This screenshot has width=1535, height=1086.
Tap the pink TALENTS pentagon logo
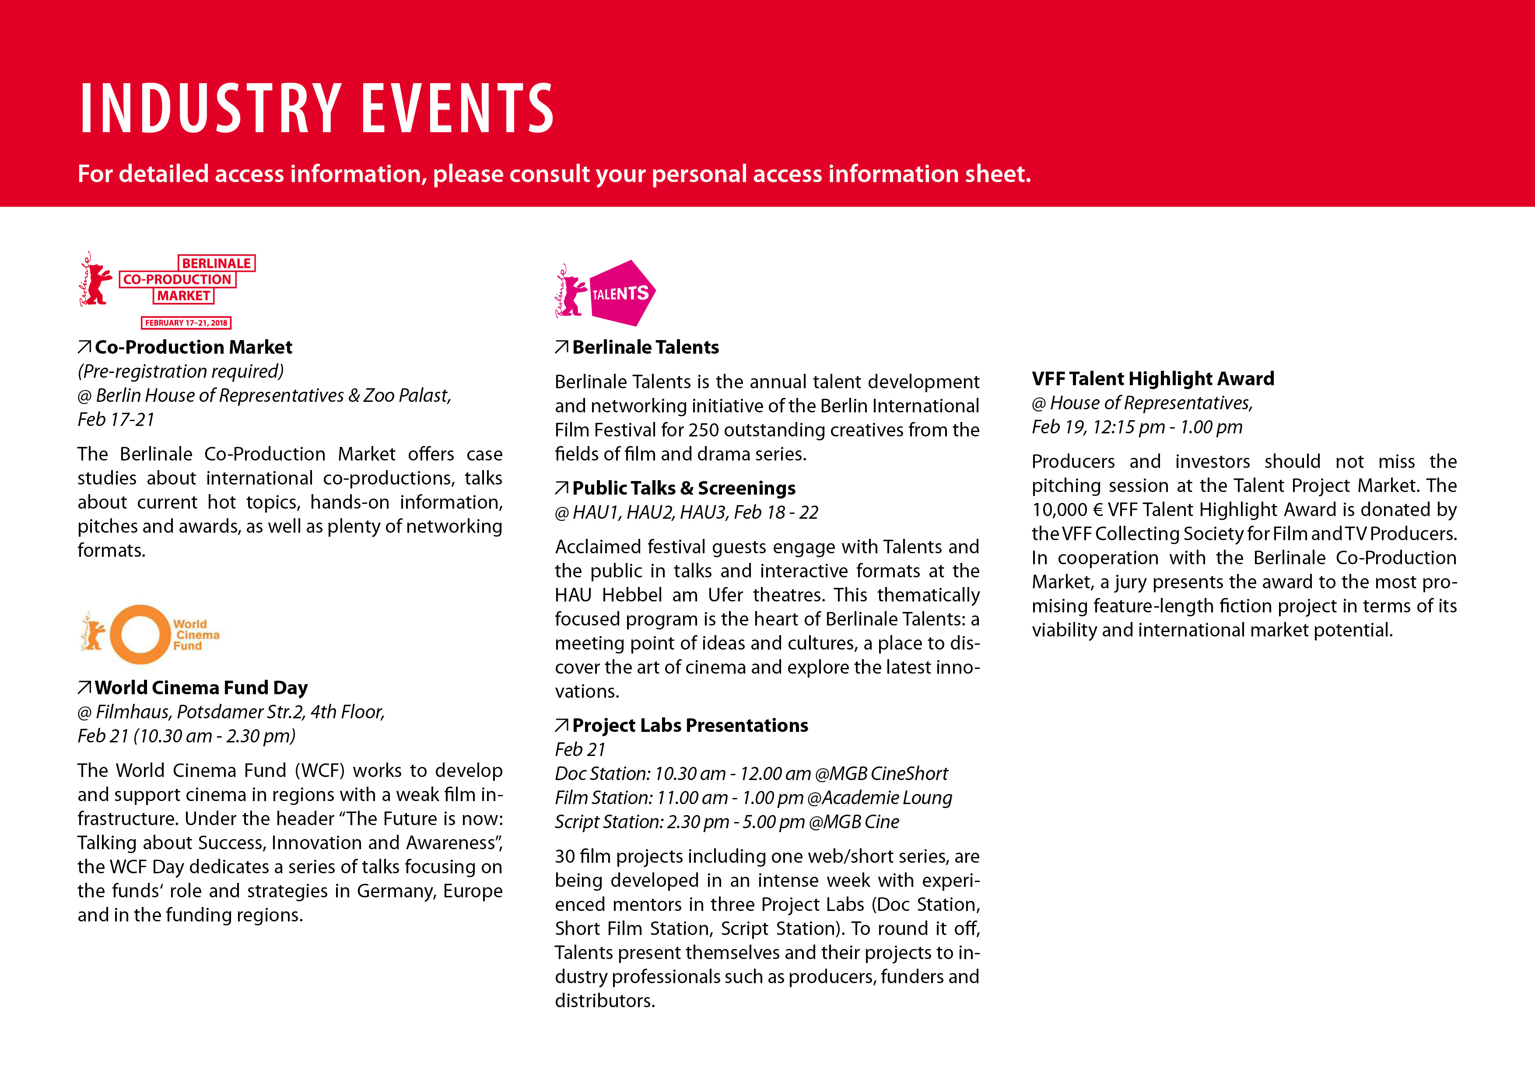pos(620,294)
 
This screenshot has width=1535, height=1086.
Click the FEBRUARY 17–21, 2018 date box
pos(186,323)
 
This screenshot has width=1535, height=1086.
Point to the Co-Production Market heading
pos(193,347)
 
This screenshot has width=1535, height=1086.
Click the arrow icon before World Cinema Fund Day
pos(84,687)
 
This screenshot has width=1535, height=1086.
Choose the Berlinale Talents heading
pos(645,347)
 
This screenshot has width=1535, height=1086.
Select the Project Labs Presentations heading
pos(690,726)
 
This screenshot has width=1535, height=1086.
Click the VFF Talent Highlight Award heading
pos(1153,379)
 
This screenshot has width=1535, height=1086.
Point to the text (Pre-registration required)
pos(181,371)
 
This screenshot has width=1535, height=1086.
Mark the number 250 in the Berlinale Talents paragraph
pos(703,430)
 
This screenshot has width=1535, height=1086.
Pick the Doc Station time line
pos(751,774)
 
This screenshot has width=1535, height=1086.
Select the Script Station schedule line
pos(727,822)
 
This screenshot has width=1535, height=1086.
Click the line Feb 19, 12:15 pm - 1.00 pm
pos(1136,427)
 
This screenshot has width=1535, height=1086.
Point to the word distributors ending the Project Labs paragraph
pos(604,1001)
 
